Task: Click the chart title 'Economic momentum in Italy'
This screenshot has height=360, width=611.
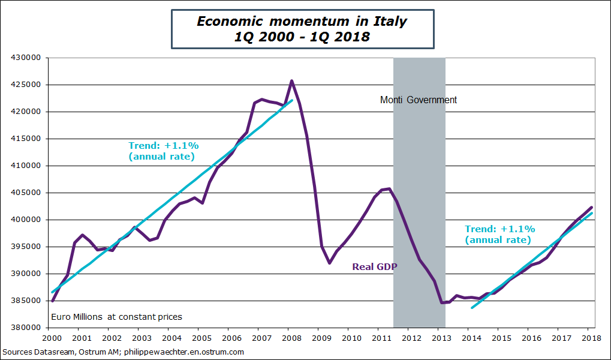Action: (302, 22)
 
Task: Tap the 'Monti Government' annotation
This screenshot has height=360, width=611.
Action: (419, 100)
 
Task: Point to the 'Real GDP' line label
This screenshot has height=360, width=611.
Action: (375, 266)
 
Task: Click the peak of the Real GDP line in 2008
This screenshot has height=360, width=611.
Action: (292, 80)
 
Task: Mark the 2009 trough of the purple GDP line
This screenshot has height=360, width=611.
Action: (329, 263)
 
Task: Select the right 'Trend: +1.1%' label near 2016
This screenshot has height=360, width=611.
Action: (499, 234)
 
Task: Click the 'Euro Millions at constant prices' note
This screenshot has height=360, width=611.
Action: (117, 317)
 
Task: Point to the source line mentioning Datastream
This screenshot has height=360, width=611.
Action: (123, 352)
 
